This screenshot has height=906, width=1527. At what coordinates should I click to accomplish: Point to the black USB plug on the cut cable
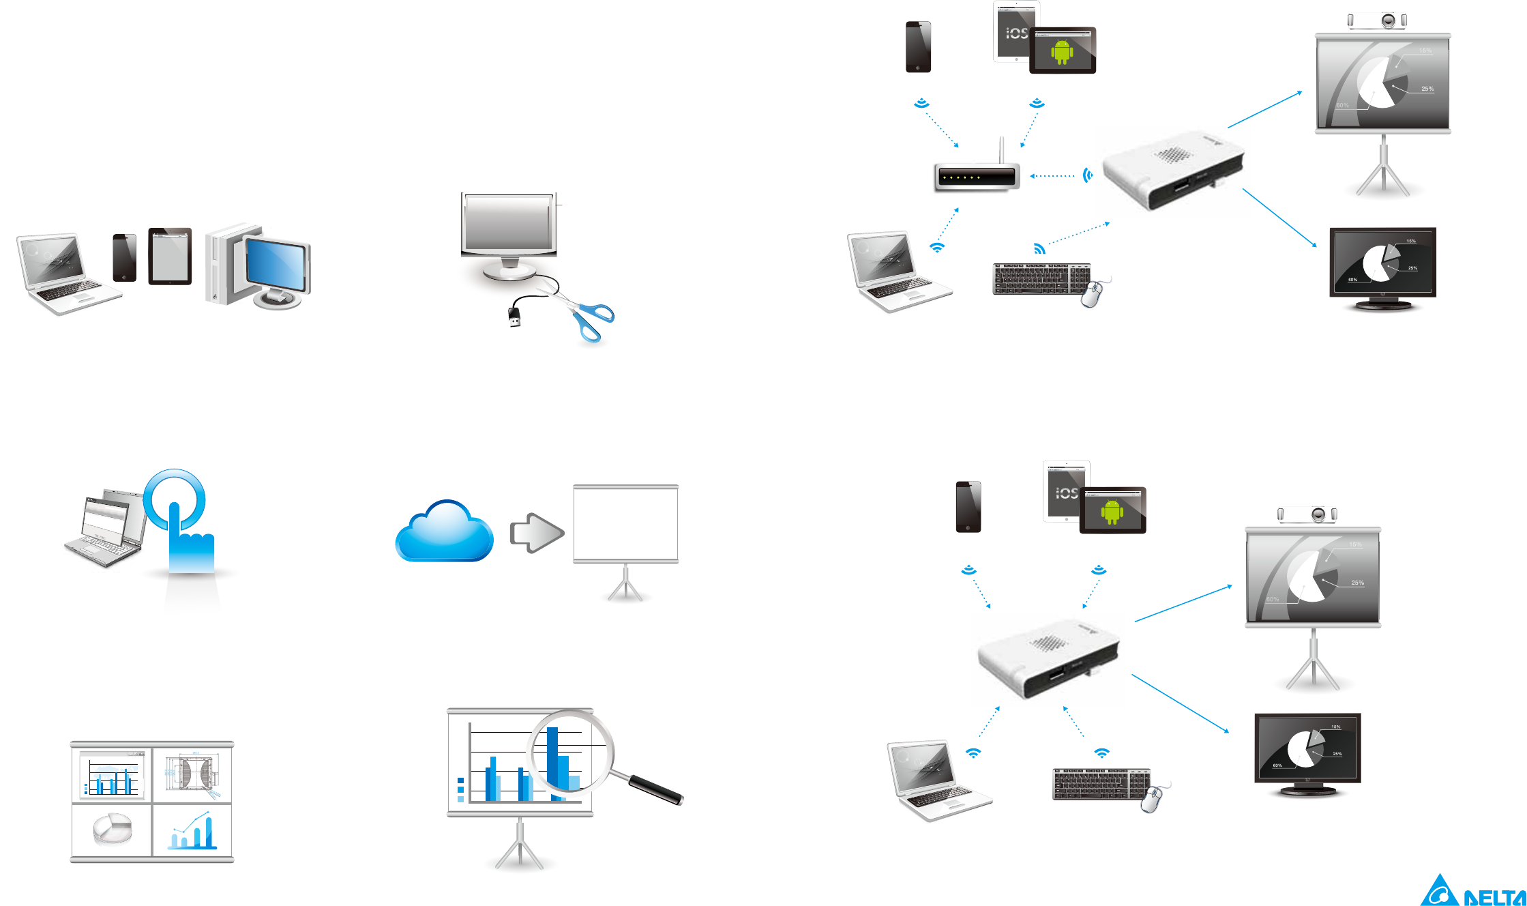tap(514, 317)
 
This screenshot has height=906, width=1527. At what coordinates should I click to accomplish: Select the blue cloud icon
tap(444, 534)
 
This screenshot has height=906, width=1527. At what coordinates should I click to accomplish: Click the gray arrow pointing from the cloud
tap(537, 533)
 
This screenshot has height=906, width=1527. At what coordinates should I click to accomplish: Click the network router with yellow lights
tap(977, 177)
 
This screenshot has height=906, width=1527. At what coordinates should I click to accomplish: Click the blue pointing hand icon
tap(185, 532)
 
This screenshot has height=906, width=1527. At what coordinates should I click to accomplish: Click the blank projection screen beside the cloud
tap(625, 524)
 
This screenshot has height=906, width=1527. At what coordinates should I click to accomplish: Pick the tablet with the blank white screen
tap(170, 257)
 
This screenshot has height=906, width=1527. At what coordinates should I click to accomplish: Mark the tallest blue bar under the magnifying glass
tap(552, 757)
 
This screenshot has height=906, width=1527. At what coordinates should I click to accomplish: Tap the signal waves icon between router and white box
tap(1088, 176)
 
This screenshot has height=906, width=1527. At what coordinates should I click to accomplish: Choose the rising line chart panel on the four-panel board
tap(192, 830)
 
